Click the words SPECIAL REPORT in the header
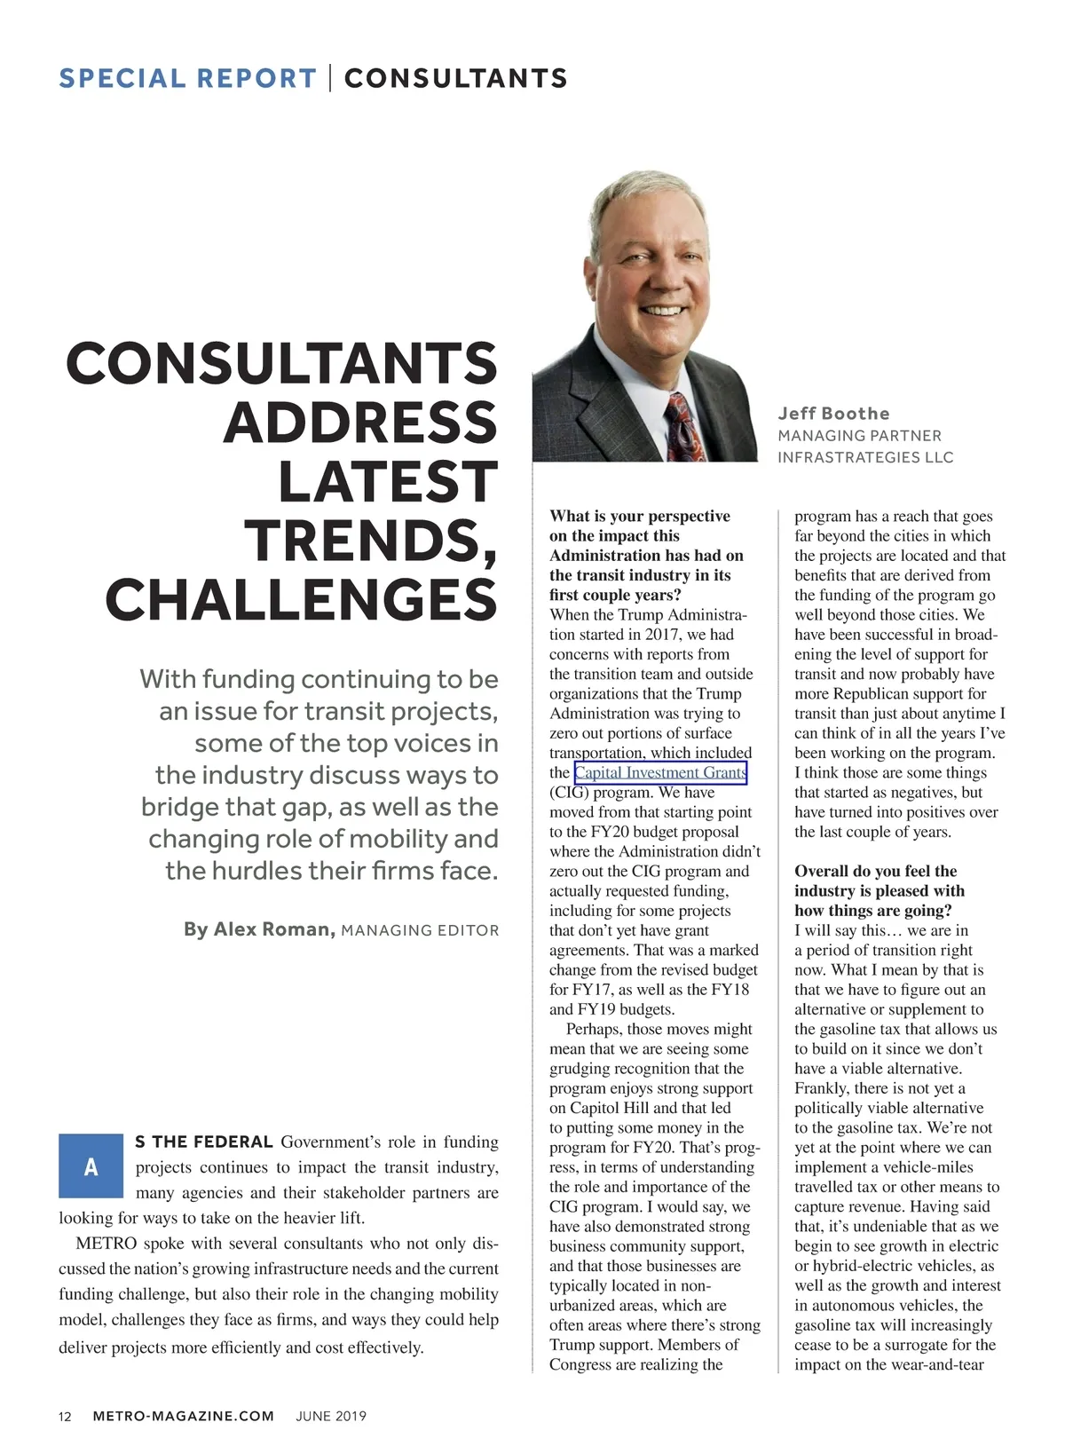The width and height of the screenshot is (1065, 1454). point(187,78)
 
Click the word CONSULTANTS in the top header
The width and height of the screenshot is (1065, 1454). point(455,78)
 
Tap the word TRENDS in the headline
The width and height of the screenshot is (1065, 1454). point(370,540)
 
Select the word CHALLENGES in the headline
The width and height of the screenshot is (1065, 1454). point(301,599)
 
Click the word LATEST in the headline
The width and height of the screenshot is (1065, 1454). point(387,481)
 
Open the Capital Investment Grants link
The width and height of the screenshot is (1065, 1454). point(660,772)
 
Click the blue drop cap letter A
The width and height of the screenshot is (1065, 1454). point(91,1166)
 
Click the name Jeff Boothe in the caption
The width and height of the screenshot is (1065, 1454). point(833,413)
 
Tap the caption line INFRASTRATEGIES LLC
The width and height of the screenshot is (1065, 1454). point(865,457)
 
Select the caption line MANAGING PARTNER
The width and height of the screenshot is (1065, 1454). point(859,436)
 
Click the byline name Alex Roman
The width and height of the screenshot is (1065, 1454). point(259,929)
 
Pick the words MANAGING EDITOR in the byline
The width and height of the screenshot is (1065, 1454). point(420,930)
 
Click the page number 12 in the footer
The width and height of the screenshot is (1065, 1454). point(65,1416)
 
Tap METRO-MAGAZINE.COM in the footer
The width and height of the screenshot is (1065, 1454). point(183,1416)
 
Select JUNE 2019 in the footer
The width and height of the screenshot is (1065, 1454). point(330,1416)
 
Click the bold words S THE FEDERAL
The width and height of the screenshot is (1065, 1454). point(203,1142)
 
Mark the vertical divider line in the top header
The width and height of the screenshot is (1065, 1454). point(330,78)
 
